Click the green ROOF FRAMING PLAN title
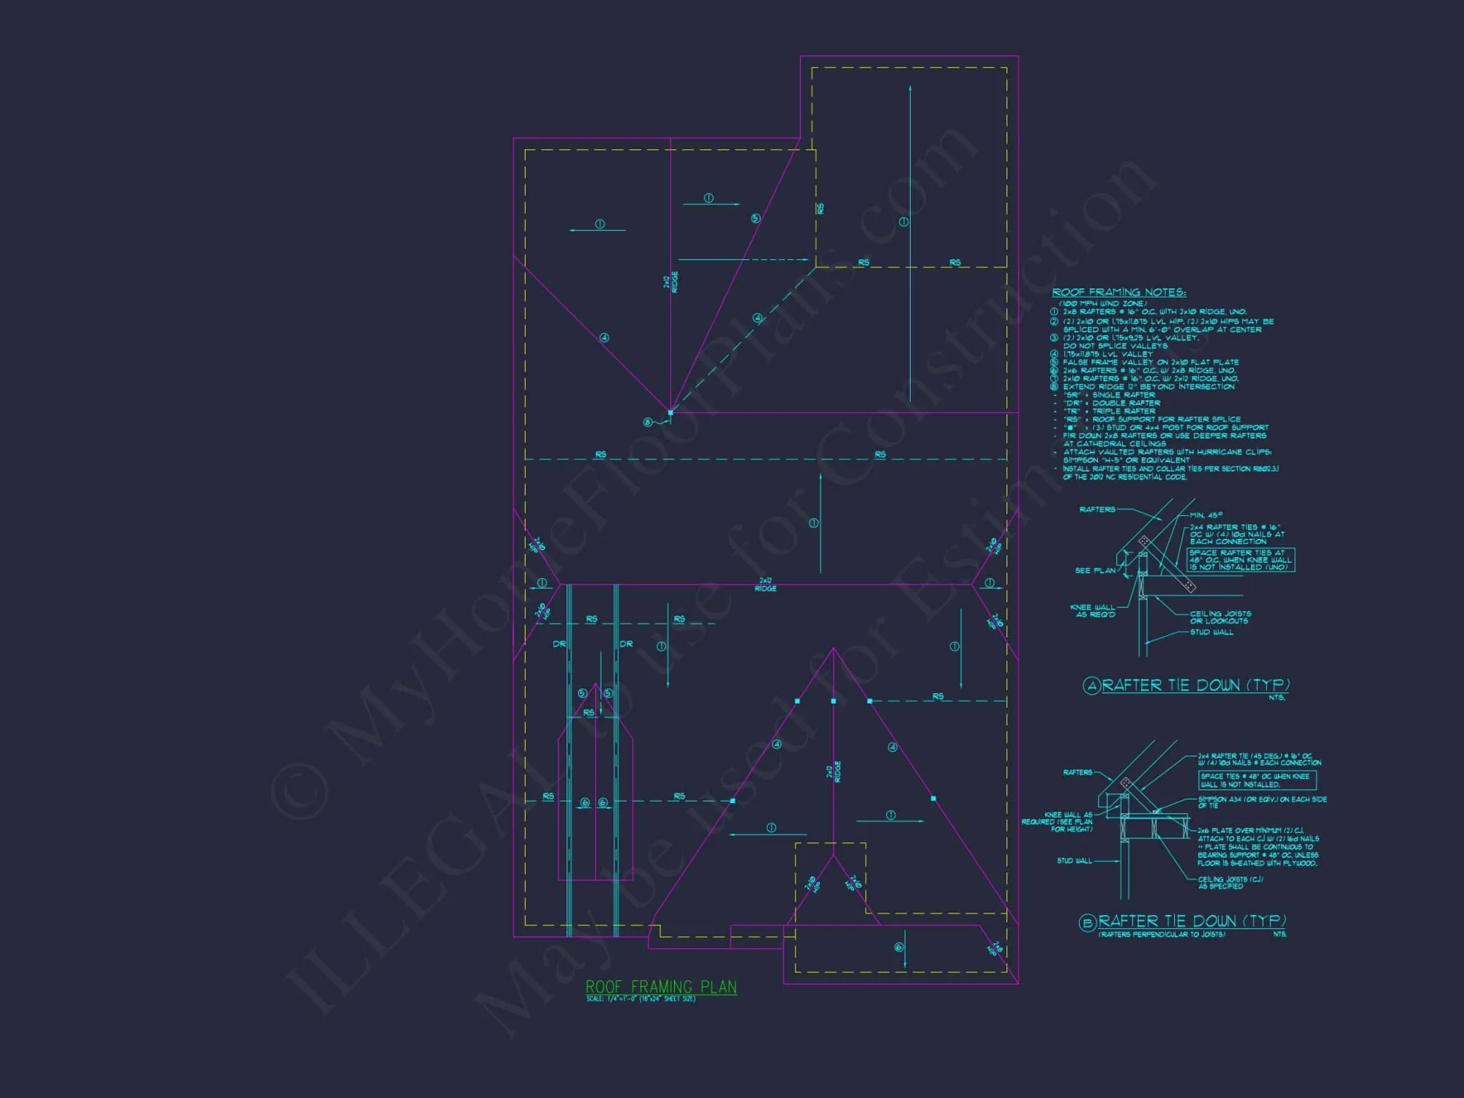[661, 987]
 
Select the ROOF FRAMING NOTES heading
[1118, 292]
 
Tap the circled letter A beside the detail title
[1091, 686]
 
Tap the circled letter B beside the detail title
[1087, 923]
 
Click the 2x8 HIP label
[994, 949]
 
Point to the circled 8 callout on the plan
[647, 422]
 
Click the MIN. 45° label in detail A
[1206, 515]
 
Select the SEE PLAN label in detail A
[1095, 570]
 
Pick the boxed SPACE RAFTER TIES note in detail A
[1240, 560]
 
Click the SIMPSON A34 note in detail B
[1261, 802]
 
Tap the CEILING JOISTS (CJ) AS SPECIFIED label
[1230, 883]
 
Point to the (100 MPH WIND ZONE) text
[1102, 303]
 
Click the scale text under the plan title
[640, 999]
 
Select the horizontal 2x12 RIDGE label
[766, 584]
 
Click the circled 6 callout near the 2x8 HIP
[899, 947]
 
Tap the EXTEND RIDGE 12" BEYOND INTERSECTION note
[1149, 386]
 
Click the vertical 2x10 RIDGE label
[671, 283]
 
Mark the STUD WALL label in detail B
[1074, 861]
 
